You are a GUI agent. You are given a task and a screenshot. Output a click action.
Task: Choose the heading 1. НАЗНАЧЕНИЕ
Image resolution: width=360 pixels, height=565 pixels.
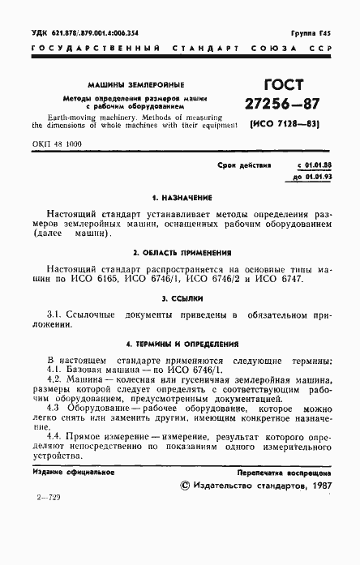click(x=180, y=197)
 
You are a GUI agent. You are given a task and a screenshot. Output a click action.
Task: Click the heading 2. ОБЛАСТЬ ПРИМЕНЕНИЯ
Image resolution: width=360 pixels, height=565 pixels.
click(x=180, y=252)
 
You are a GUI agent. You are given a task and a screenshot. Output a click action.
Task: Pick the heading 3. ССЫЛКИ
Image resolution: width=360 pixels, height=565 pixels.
click(x=180, y=297)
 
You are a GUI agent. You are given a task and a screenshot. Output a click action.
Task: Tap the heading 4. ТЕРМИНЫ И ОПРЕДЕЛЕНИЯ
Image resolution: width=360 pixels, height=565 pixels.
click(x=180, y=343)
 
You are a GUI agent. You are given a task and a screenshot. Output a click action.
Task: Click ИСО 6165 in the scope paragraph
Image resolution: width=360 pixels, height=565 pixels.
click(x=145, y=279)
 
